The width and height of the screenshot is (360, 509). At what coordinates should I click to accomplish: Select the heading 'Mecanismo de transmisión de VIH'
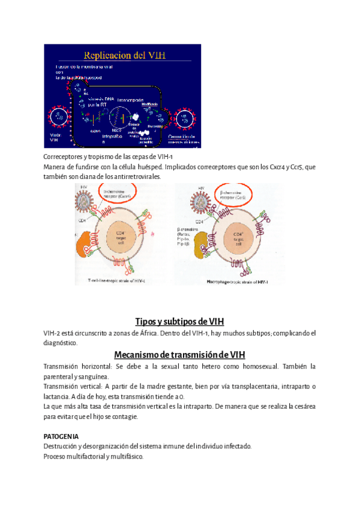(x=180, y=354)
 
